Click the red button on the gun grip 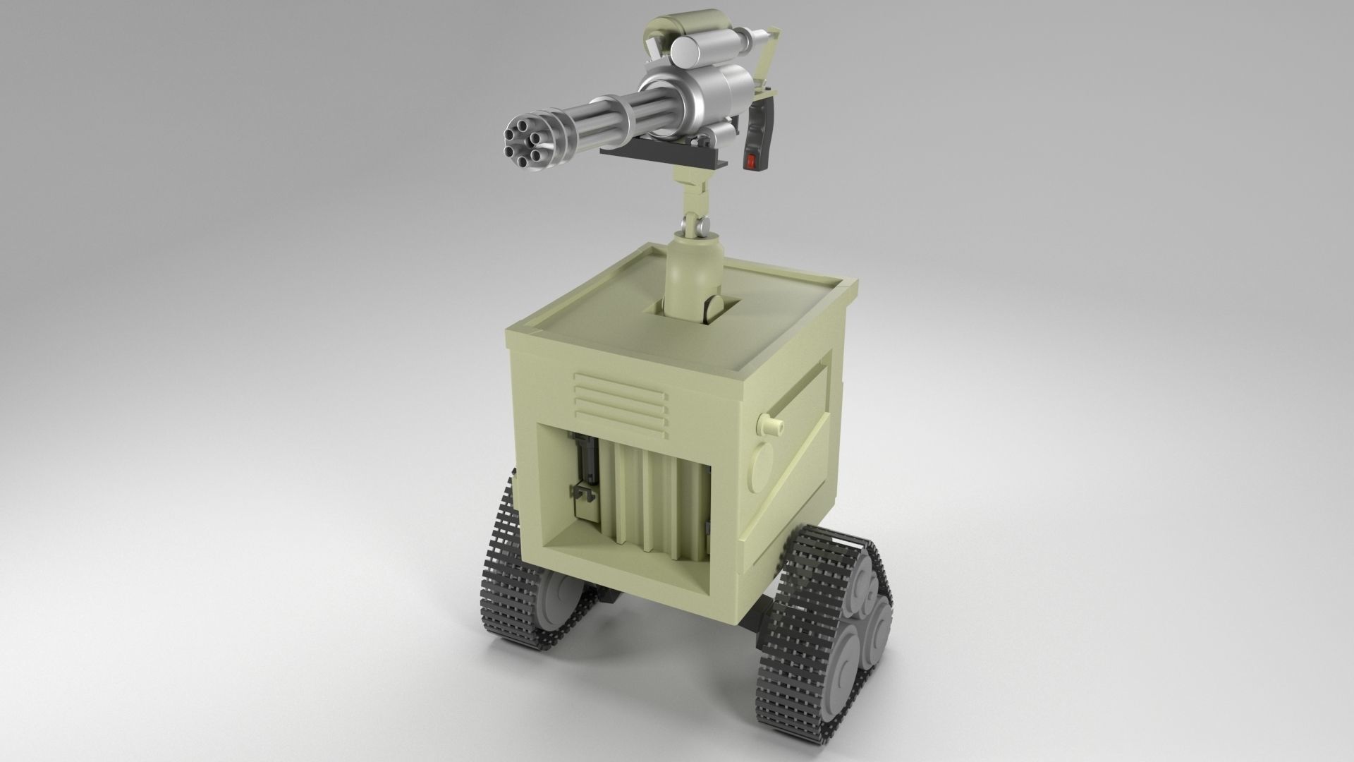coord(751,162)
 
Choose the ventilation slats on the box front coord(619,404)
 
